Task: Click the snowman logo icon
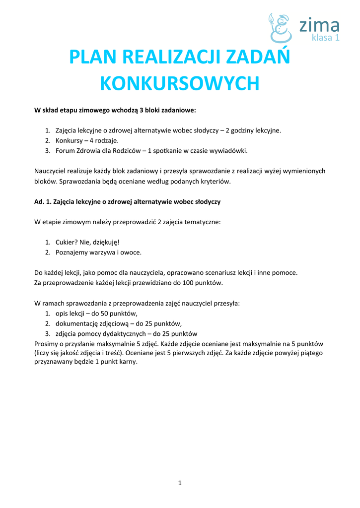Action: pyautogui.click(x=280, y=28)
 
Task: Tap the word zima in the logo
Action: pyautogui.click(x=319, y=25)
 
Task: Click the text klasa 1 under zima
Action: pyautogui.click(x=325, y=38)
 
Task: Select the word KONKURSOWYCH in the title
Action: pyautogui.click(x=180, y=84)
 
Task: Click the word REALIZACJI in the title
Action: pyautogui.click(x=172, y=58)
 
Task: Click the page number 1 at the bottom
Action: pyautogui.click(x=180, y=483)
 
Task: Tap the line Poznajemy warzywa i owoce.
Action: pyautogui.click(x=98, y=252)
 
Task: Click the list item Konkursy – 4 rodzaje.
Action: pyautogui.click(x=87, y=140)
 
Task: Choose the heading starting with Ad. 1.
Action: pyautogui.click(x=127, y=202)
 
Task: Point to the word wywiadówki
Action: pyautogui.click(x=229, y=150)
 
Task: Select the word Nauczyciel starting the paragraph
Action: pyautogui.click(x=51, y=171)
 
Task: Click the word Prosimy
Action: pyautogui.click(x=47, y=343)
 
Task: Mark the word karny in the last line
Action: pyautogui.click(x=128, y=362)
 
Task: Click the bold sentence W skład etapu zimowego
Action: pyautogui.click(x=115, y=110)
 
